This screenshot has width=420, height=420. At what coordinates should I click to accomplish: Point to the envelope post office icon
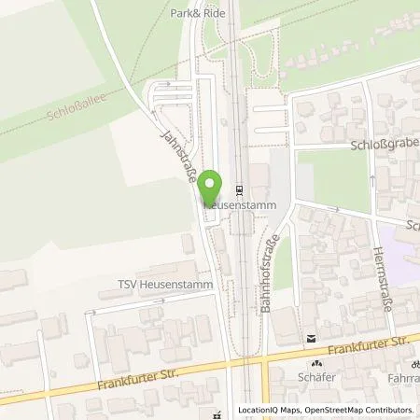point(309,337)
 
